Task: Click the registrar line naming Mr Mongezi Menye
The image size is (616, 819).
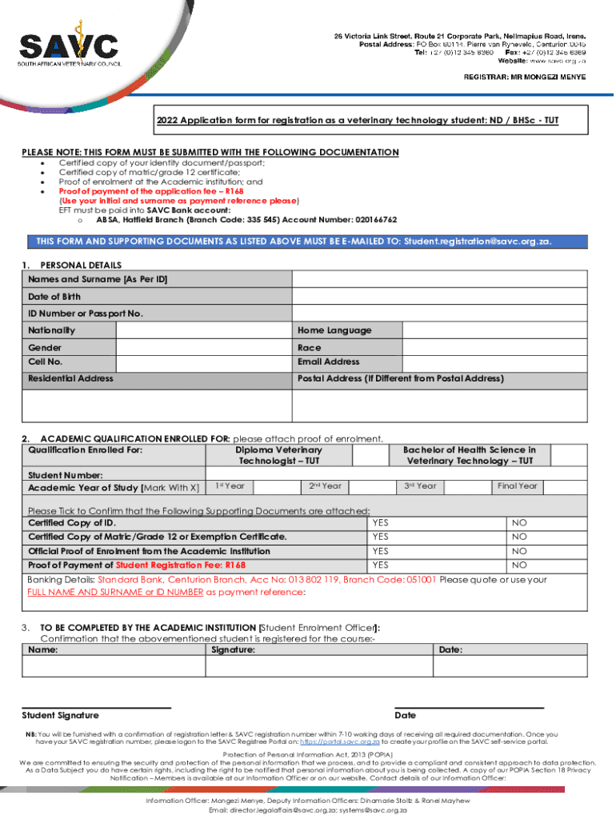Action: pyautogui.click(x=525, y=77)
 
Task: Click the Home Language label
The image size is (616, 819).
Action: pyautogui.click(x=334, y=330)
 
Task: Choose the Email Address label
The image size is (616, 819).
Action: pyautogui.click(x=329, y=362)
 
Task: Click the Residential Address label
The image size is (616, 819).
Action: pyautogui.click(x=71, y=378)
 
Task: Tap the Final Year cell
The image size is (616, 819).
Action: pyautogui.click(x=517, y=486)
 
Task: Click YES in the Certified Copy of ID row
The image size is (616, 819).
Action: pyautogui.click(x=380, y=523)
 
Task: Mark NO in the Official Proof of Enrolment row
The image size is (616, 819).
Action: pyautogui.click(x=520, y=552)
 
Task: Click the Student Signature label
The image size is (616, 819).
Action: pyautogui.click(x=61, y=715)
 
